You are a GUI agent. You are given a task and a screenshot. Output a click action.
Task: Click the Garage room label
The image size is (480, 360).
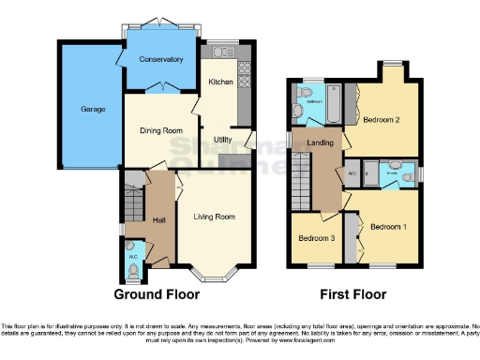pos(79,109)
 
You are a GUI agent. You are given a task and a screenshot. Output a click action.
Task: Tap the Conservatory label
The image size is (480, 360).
pos(161,60)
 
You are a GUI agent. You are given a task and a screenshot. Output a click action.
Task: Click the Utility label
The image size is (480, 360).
pos(223,140)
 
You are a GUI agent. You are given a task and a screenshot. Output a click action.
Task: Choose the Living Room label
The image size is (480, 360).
pos(215,217)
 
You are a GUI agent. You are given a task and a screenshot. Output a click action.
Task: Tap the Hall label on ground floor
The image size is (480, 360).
pos(159,219)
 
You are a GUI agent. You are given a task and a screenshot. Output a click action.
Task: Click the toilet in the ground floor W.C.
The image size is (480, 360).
pos(133,270)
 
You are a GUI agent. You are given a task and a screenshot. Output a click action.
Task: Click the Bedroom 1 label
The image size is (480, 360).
pos(388,227)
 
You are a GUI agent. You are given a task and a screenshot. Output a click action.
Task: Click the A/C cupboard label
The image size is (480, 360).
pos(352,173)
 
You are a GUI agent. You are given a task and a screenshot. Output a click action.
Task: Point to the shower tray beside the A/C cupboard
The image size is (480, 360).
pos(370,173)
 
